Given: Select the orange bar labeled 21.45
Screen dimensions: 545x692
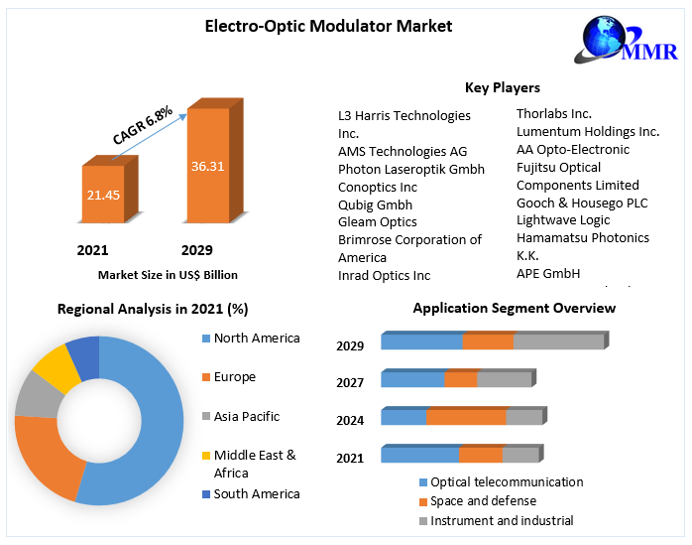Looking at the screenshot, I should (102, 195).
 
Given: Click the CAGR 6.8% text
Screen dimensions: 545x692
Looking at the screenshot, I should (143, 124).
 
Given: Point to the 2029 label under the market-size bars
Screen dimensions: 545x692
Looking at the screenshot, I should (196, 250).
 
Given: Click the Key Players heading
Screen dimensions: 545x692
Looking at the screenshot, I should (502, 88).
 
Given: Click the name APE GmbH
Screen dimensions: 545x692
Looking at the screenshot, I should (548, 273).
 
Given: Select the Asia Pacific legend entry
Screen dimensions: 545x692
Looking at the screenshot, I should (246, 416).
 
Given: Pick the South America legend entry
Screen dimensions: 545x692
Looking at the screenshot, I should (256, 493).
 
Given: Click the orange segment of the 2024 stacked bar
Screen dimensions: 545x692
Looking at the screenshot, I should (466, 417).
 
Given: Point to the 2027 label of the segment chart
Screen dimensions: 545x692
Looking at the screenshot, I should (350, 382).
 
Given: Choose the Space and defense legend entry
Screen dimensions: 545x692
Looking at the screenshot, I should (483, 501).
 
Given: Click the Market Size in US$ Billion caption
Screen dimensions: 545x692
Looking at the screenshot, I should (168, 275).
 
